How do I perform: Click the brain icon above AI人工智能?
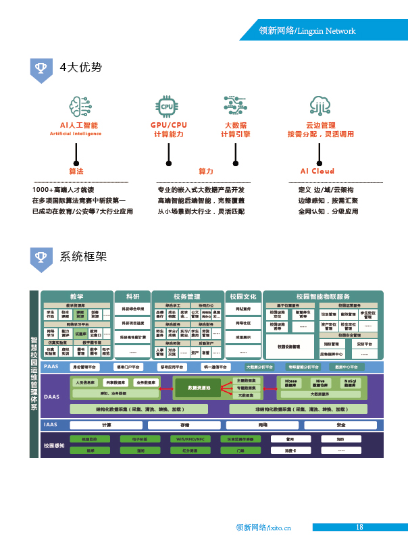(80, 106)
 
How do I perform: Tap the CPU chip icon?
(167, 105)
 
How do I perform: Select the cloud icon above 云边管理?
(320, 106)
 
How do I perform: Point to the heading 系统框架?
(83, 257)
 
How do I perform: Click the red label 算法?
(76, 172)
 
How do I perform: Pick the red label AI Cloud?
(317, 172)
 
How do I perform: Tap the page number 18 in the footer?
(359, 527)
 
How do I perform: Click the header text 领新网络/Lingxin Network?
(307, 31)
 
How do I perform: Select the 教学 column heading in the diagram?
(76, 297)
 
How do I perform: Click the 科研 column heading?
(132, 297)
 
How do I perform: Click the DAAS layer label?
(52, 397)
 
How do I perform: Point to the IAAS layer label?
(51, 425)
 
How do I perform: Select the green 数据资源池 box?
(199, 388)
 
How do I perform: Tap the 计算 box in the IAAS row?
(107, 425)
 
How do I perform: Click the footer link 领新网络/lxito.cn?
(263, 528)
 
